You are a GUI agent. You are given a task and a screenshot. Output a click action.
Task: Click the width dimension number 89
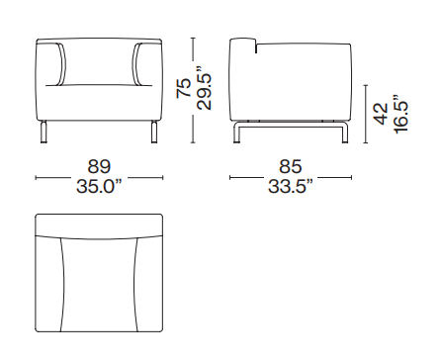pos(99,166)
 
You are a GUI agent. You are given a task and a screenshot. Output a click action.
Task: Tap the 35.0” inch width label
pos(99,187)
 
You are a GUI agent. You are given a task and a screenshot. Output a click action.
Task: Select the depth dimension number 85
pos(291,166)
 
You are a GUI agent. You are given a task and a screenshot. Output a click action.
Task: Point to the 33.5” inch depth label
pos(291,187)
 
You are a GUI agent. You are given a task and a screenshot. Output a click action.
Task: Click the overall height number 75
pos(184,88)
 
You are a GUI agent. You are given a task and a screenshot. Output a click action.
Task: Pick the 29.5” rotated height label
pos(204,88)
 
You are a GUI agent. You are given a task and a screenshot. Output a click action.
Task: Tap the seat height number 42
pos(381,114)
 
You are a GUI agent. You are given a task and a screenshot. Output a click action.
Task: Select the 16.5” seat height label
pos(400,114)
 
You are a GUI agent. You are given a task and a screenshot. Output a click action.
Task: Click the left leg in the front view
pos(44,132)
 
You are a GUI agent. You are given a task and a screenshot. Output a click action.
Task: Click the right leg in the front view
pos(154,132)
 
